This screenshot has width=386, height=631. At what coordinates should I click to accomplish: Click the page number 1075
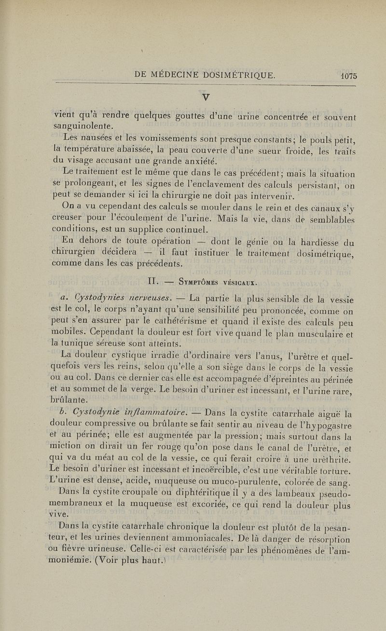tap(347, 75)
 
